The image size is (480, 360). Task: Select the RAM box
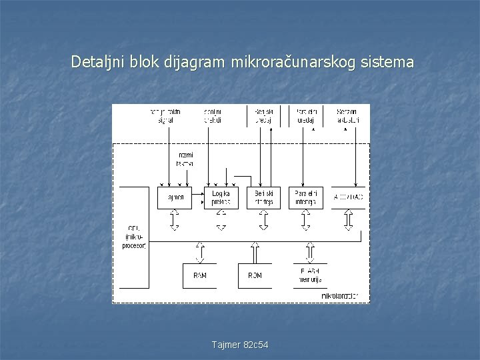tap(199, 275)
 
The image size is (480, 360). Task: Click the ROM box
tap(255, 275)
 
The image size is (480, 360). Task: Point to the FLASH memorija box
tap(310, 275)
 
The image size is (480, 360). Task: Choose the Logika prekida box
tap(221, 197)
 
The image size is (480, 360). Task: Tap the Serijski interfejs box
tap(264, 197)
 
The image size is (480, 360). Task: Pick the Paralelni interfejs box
tap(305, 197)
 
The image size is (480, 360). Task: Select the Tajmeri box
tap(174, 197)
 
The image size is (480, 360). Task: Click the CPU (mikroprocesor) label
tap(134, 237)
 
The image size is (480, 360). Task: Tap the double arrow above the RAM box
tap(199, 253)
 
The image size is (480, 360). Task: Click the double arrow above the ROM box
tap(255, 253)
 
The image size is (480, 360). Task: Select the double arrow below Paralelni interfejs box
tap(305, 220)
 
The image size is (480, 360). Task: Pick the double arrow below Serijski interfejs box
tap(264, 220)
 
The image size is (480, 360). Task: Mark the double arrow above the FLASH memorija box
tap(310, 253)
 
